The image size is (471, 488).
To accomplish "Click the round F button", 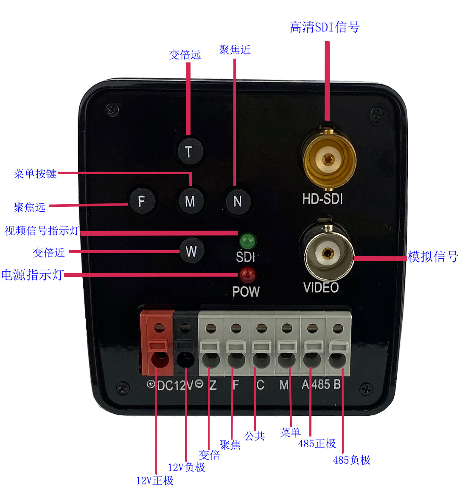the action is click(x=142, y=200).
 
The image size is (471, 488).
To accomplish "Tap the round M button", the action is click(x=190, y=201).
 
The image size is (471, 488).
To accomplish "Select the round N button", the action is click(x=238, y=201).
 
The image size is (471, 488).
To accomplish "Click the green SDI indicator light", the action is click(x=247, y=241).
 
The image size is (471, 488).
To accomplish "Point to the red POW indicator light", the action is click(x=247, y=275).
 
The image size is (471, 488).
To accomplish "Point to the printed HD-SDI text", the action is click(x=322, y=199).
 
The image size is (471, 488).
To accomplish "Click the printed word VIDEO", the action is click(x=321, y=288).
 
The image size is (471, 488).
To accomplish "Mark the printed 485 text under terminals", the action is click(x=321, y=384).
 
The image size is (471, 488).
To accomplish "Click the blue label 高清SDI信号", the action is click(x=325, y=28).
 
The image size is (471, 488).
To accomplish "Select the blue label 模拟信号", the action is click(x=433, y=257).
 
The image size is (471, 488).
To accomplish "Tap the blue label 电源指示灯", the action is click(x=32, y=275).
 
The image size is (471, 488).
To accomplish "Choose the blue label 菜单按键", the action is click(x=35, y=173).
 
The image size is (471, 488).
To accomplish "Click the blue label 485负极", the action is click(x=352, y=460).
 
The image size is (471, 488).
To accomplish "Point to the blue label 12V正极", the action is click(x=154, y=480).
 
